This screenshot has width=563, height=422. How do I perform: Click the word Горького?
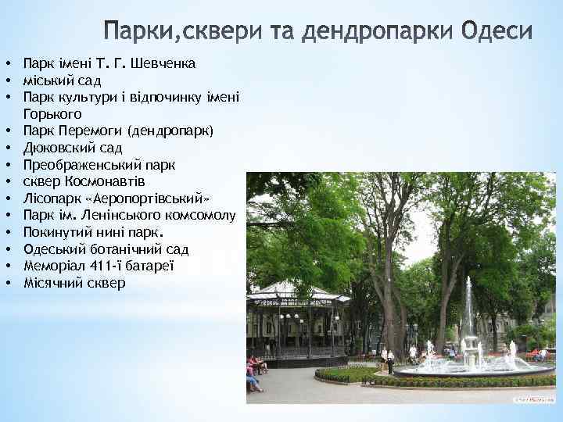52,113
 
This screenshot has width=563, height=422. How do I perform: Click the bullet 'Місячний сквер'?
74,283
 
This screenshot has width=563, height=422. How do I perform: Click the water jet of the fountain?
468,313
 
